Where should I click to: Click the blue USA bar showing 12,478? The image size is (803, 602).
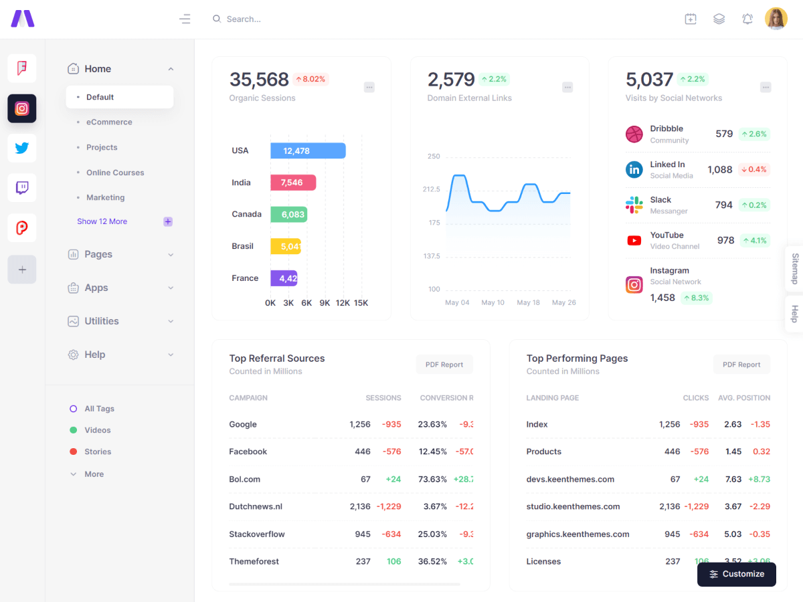(x=308, y=150)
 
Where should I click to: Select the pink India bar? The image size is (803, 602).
(x=293, y=183)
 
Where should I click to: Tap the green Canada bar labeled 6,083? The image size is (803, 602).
(x=288, y=215)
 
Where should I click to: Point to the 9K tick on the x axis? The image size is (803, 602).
(x=325, y=303)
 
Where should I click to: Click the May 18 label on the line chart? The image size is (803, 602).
(x=528, y=302)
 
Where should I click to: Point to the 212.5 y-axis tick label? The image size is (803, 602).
(x=431, y=189)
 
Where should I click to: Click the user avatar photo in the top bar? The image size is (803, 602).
(x=776, y=19)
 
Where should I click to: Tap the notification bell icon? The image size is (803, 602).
(x=747, y=19)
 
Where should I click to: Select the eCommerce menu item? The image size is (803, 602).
(x=109, y=122)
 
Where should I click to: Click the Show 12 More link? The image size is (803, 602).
(x=102, y=221)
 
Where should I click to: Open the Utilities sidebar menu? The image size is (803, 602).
(x=102, y=321)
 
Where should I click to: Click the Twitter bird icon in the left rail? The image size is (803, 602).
(x=22, y=148)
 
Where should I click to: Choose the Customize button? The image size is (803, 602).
(x=736, y=574)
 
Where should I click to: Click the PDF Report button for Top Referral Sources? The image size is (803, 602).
(x=444, y=365)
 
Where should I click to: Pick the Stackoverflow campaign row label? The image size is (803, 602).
(x=257, y=534)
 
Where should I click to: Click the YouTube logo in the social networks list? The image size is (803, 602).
(x=634, y=241)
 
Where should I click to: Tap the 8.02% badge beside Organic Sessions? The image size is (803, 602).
(x=310, y=79)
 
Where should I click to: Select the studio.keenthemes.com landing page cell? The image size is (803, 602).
(x=573, y=506)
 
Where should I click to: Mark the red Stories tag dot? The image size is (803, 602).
(x=74, y=451)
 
